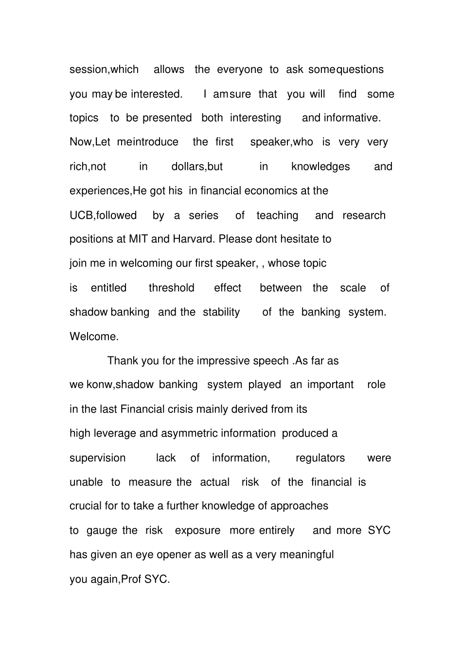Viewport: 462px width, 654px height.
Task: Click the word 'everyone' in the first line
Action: (239, 70)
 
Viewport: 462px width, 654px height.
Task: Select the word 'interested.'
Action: (157, 94)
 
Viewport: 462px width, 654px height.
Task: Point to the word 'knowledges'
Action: (320, 166)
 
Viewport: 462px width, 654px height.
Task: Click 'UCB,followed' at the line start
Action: (103, 215)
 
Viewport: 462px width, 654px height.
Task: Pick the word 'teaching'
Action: (277, 215)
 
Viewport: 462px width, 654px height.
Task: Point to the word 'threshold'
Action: (171, 288)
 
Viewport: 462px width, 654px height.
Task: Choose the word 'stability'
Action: (221, 312)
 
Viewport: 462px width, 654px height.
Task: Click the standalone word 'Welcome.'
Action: (94, 336)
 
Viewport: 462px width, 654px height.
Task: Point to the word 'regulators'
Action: (320, 458)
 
